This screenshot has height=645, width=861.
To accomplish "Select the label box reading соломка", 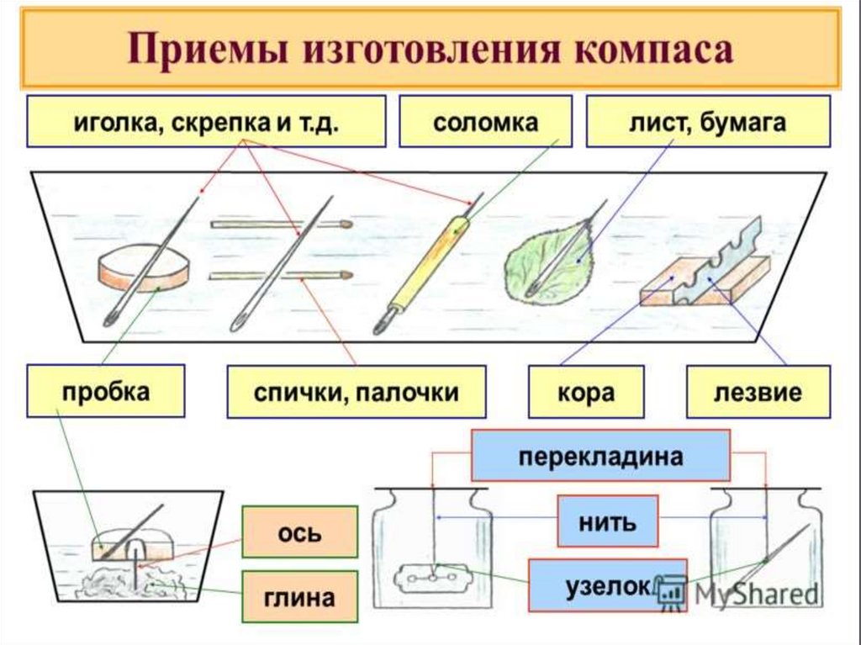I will (x=485, y=122).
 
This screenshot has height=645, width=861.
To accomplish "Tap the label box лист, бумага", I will (x=707, y=122).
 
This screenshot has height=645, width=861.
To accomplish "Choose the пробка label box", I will (x=105, y=391).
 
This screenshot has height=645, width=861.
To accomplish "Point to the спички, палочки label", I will (x=356, y=392).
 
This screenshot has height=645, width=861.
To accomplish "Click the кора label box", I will (x=585, y=392).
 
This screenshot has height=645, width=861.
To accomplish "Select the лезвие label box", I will (x=758, y=392).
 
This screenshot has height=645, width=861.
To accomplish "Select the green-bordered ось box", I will (x=299, y=533).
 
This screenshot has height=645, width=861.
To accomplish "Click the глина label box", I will (x=299, y=598).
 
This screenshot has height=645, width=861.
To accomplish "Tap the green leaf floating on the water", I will (x=547, y=263).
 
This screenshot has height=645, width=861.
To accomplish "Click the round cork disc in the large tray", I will (x=143, y=267).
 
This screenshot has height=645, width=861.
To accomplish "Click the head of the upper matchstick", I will (x=345, y=225).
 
